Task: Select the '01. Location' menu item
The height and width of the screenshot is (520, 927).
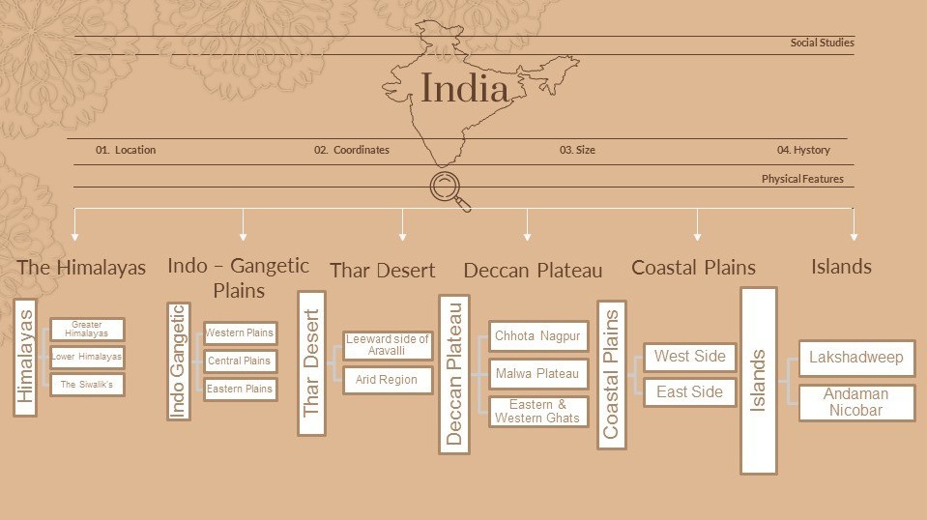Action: (x=126, y=150)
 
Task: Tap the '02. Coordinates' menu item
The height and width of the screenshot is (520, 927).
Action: (x=352, y=150)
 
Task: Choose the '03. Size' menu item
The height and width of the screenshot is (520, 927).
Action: (x=577, y=150)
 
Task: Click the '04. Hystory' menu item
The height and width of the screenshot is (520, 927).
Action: (x=803, y=150)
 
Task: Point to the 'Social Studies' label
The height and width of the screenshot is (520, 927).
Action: (x=822, y=43)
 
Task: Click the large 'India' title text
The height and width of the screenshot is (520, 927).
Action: (x=465, y=89)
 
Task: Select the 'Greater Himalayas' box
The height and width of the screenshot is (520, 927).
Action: (x=87, y=330)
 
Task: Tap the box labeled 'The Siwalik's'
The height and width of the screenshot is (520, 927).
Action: (x=87, y=385)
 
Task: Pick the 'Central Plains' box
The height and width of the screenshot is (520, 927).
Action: (x=240, y=361)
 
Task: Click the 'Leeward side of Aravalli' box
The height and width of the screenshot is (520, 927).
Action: (x=387, y=346)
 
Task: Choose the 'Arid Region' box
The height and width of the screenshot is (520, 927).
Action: (x=387, y=380)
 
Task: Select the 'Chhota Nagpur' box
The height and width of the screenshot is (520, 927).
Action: (x=538, y=336)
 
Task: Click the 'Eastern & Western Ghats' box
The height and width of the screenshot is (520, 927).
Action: (x=538, y=412)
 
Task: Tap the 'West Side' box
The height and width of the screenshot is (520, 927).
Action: (x=690, y=357)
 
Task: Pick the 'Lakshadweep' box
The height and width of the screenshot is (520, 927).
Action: (x=856, y=358)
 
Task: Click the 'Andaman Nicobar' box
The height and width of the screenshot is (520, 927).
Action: (x=856, y=402)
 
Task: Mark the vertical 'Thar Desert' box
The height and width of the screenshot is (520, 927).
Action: (x=311, y=363)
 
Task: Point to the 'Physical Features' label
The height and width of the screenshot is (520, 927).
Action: (x=802, y=179)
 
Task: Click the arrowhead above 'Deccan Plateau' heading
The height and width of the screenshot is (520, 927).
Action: (x=527, y=235)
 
